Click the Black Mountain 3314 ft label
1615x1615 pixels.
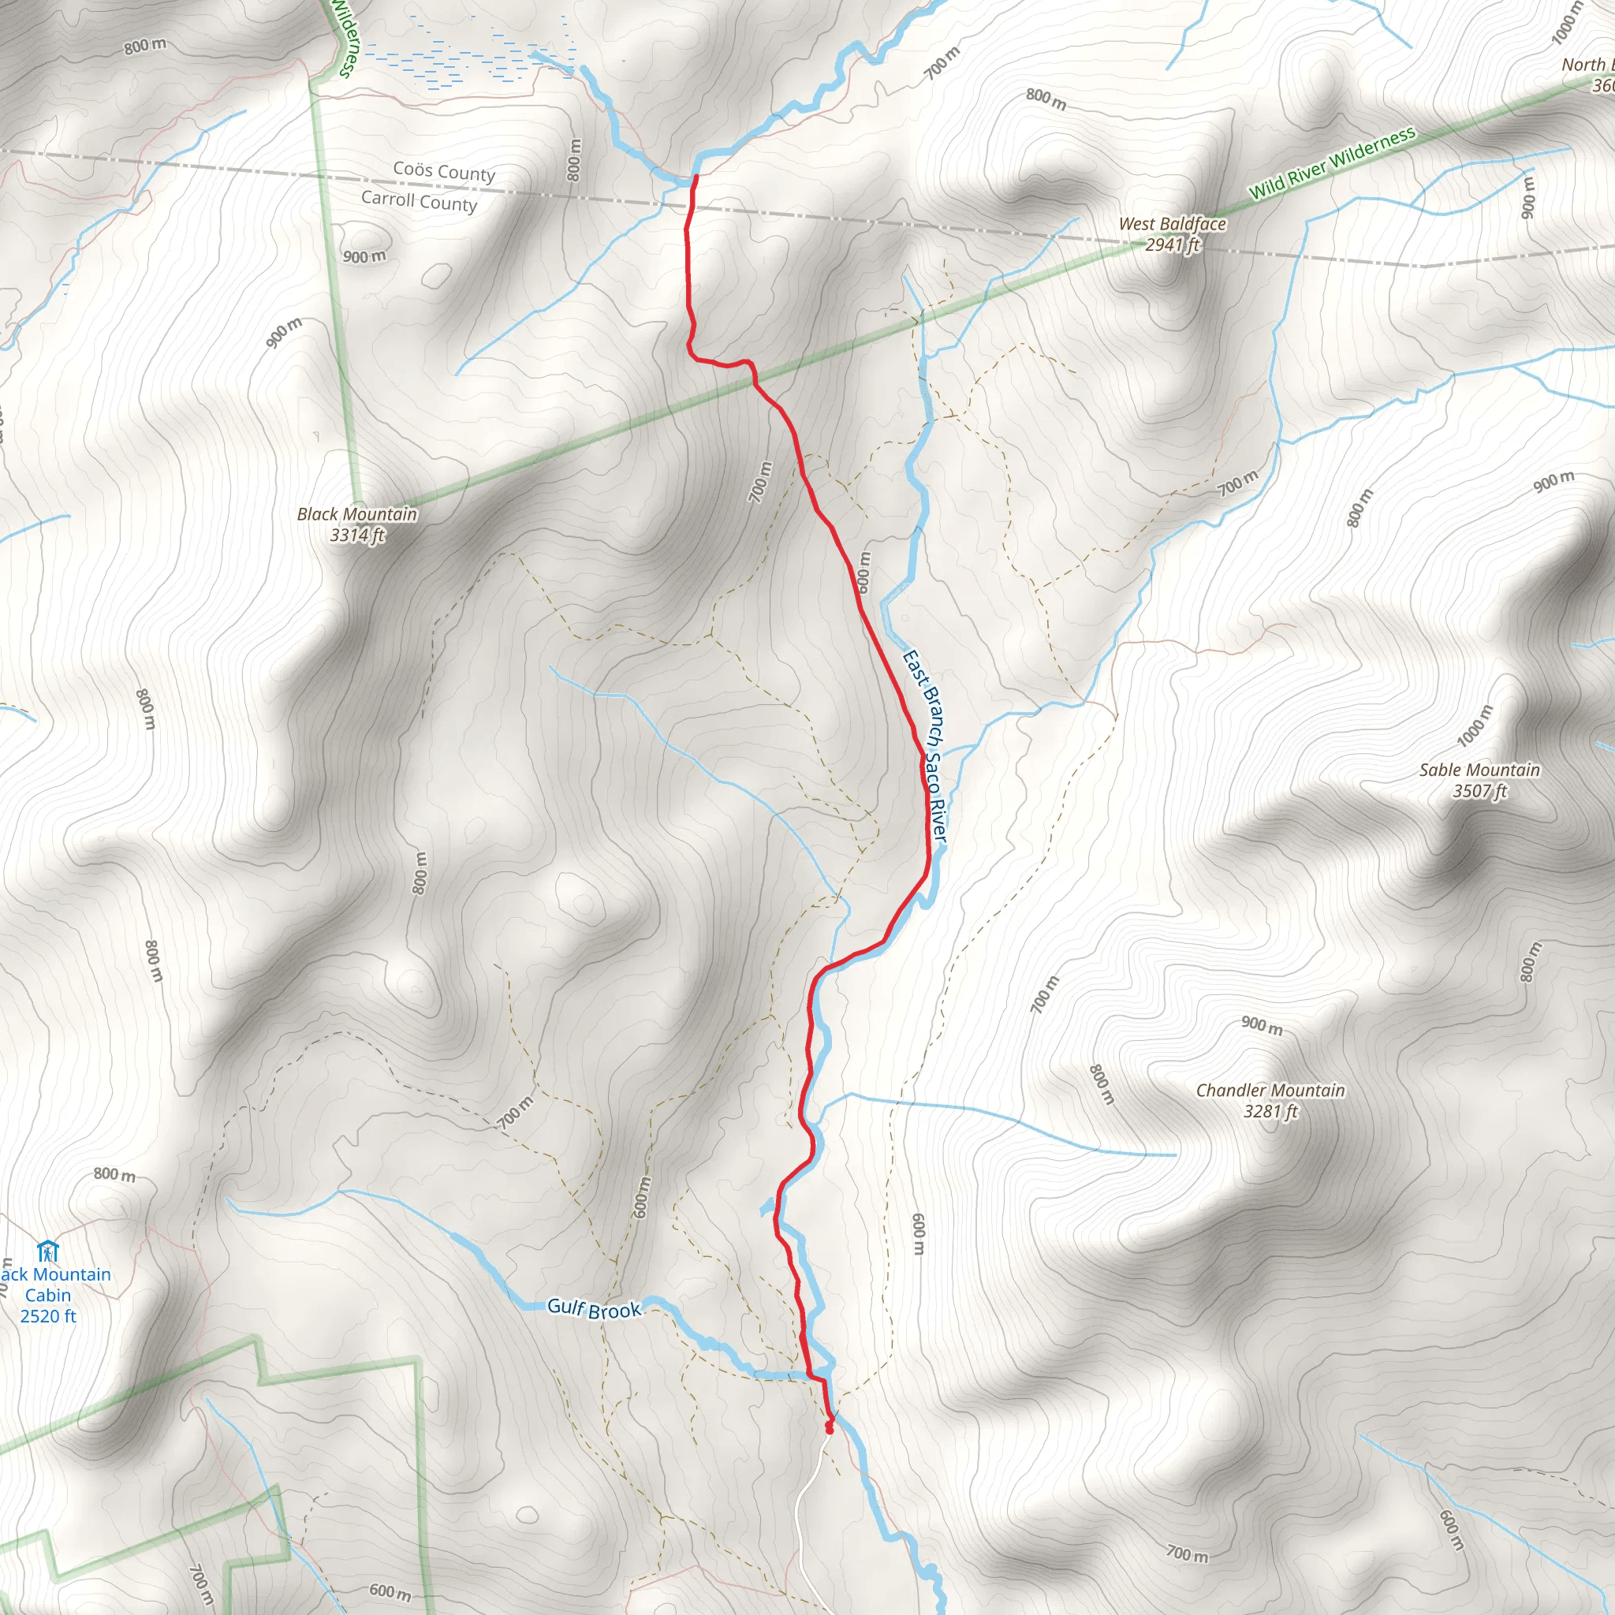point(357,524)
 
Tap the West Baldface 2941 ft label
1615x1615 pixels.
point(1172,234)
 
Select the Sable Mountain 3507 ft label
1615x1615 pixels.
point(1479,780)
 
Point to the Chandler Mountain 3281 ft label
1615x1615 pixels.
point(1270,1100)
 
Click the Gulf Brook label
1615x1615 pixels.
point(594,1309)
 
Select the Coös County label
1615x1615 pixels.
point(444,171)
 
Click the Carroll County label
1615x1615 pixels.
point(419,201)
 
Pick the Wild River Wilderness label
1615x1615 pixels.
point(1332,162)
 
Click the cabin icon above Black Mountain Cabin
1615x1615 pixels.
point(47,1251)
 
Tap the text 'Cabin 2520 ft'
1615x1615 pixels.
point(47,1305)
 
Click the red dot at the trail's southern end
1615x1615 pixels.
point(830,1429)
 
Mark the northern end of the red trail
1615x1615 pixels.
point(696,177)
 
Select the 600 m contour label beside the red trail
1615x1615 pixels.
point(863,572)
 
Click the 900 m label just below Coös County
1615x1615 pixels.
point(364,256)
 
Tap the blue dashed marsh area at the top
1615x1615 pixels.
point(468,54)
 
